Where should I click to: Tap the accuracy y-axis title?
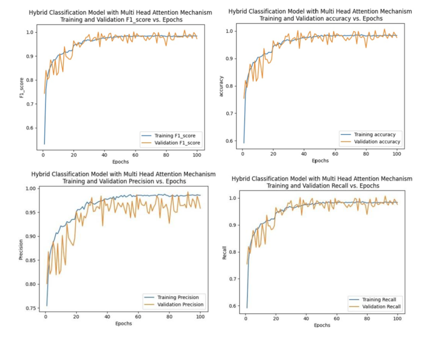coord(221,86)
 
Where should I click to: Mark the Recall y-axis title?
coord(225,252)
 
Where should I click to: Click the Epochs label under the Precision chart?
coord(124,324)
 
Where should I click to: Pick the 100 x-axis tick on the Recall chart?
coord(397,319)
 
